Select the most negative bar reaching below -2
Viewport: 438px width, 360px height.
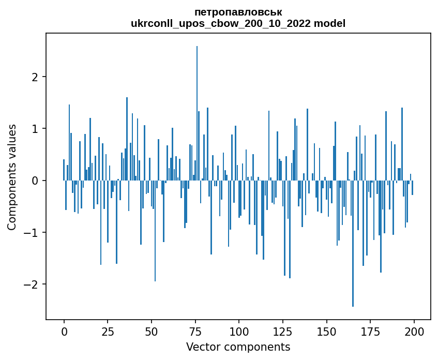[x=353, y=243]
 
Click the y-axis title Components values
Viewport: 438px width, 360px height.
[x=12, y=177]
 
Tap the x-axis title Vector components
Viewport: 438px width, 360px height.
[x=238, y=347]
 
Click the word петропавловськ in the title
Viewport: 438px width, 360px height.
[x=238, y=12]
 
